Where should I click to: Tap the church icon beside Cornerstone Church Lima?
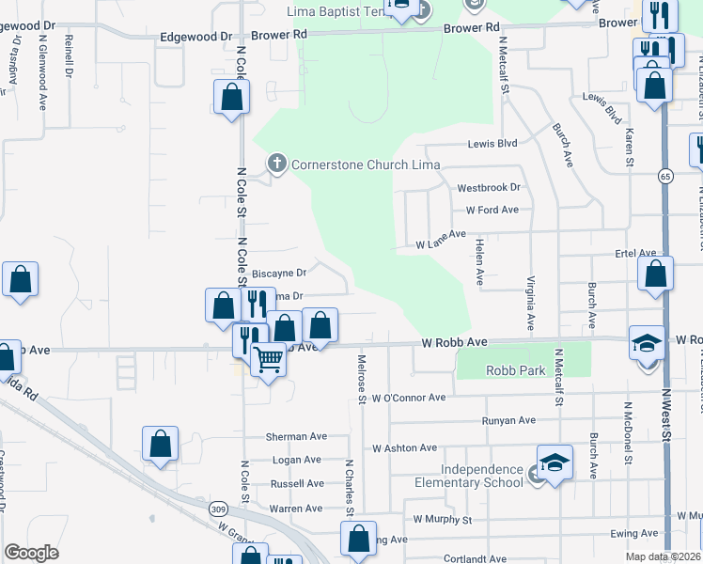pos(276,164)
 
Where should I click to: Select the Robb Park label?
pos(515,371)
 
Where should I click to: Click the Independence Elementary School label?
pos(483,476)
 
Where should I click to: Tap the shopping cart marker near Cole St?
pos(269,359)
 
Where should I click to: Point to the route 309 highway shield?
pos(219,509)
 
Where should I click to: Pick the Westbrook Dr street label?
pos(488,188)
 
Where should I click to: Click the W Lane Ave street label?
pos(441,243)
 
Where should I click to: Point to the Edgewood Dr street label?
pos(195,37)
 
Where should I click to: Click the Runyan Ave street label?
pos(508,421)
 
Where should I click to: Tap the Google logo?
pos(32,552)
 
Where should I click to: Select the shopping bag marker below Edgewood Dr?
pos(231,97)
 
